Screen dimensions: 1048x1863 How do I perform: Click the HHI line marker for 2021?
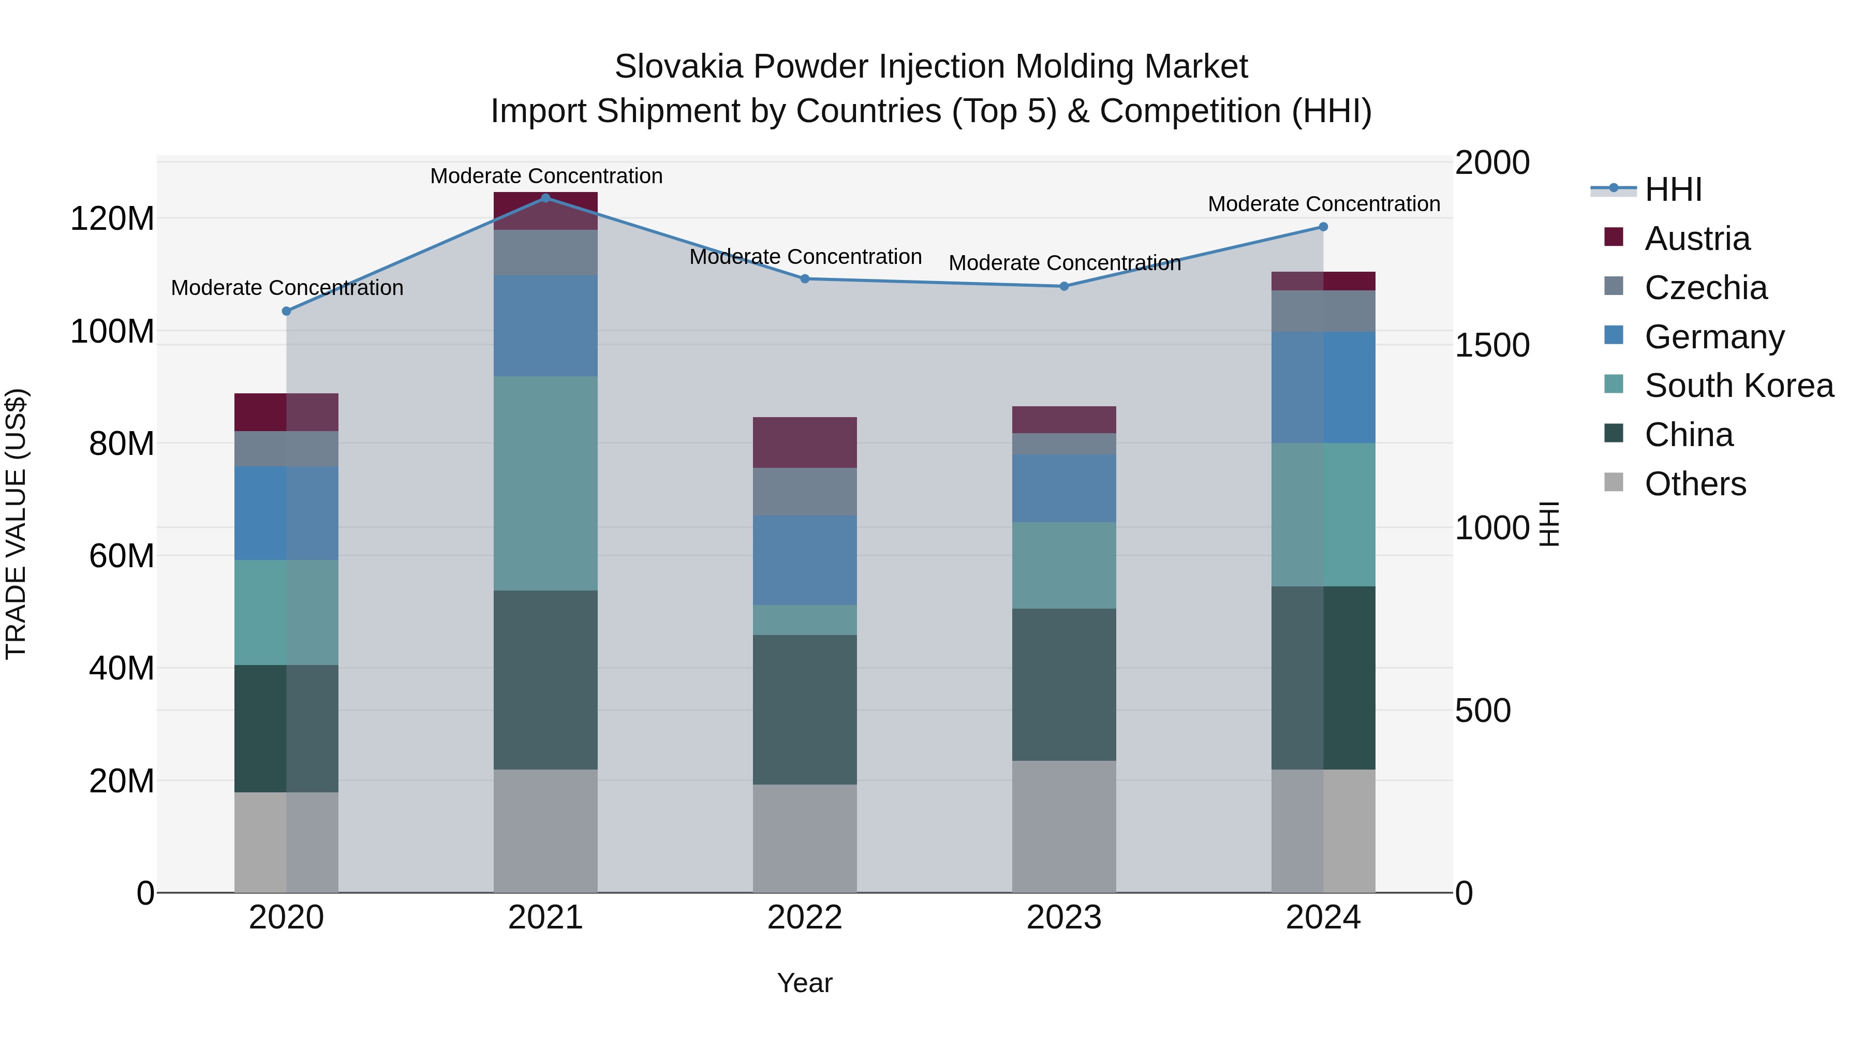(545, 198)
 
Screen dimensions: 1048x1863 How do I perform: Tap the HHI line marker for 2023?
(1064, 286)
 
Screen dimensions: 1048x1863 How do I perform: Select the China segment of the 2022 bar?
(804, 710)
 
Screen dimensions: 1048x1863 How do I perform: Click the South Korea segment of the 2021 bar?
(545, 483)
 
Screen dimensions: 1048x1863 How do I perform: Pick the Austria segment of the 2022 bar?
(804, 442)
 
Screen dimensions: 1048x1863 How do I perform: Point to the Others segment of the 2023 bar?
(1064, 826)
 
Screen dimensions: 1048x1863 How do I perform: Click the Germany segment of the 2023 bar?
(1064, 488)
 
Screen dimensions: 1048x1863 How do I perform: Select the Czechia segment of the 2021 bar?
(545, 253)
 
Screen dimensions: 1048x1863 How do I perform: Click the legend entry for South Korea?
(1739, 386)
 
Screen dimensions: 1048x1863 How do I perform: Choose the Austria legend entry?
(1697, 239)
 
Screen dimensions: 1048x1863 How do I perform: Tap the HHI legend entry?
(1673, 189)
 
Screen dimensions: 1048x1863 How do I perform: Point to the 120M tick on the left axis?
(112, 218)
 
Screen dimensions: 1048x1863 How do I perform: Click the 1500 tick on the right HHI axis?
(1492, 345)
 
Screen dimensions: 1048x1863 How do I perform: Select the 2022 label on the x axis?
(804, 918)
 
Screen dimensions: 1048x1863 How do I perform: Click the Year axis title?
(804, 983)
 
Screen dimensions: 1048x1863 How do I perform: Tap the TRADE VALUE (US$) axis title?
(16, 524)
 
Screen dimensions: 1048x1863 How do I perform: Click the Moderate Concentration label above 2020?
(287, 288)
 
